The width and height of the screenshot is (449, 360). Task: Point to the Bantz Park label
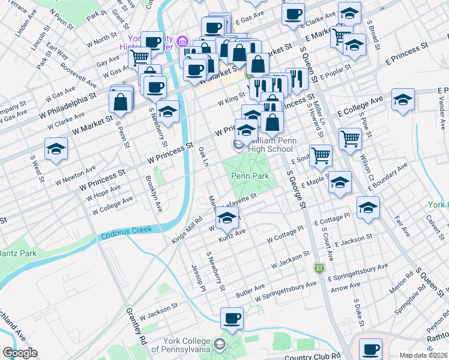coord(17,253)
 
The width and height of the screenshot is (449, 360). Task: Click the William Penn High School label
coord(264,145)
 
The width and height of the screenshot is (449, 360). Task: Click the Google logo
coord(20,353)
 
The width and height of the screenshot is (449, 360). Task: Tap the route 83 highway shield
coord(319,266)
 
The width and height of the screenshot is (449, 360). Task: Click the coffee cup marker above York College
coord(232,319)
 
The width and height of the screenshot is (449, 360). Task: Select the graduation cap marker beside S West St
coord(56,149)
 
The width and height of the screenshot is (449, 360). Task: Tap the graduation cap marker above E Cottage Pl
coord(368,208)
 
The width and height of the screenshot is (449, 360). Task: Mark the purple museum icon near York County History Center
coord(184,41)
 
